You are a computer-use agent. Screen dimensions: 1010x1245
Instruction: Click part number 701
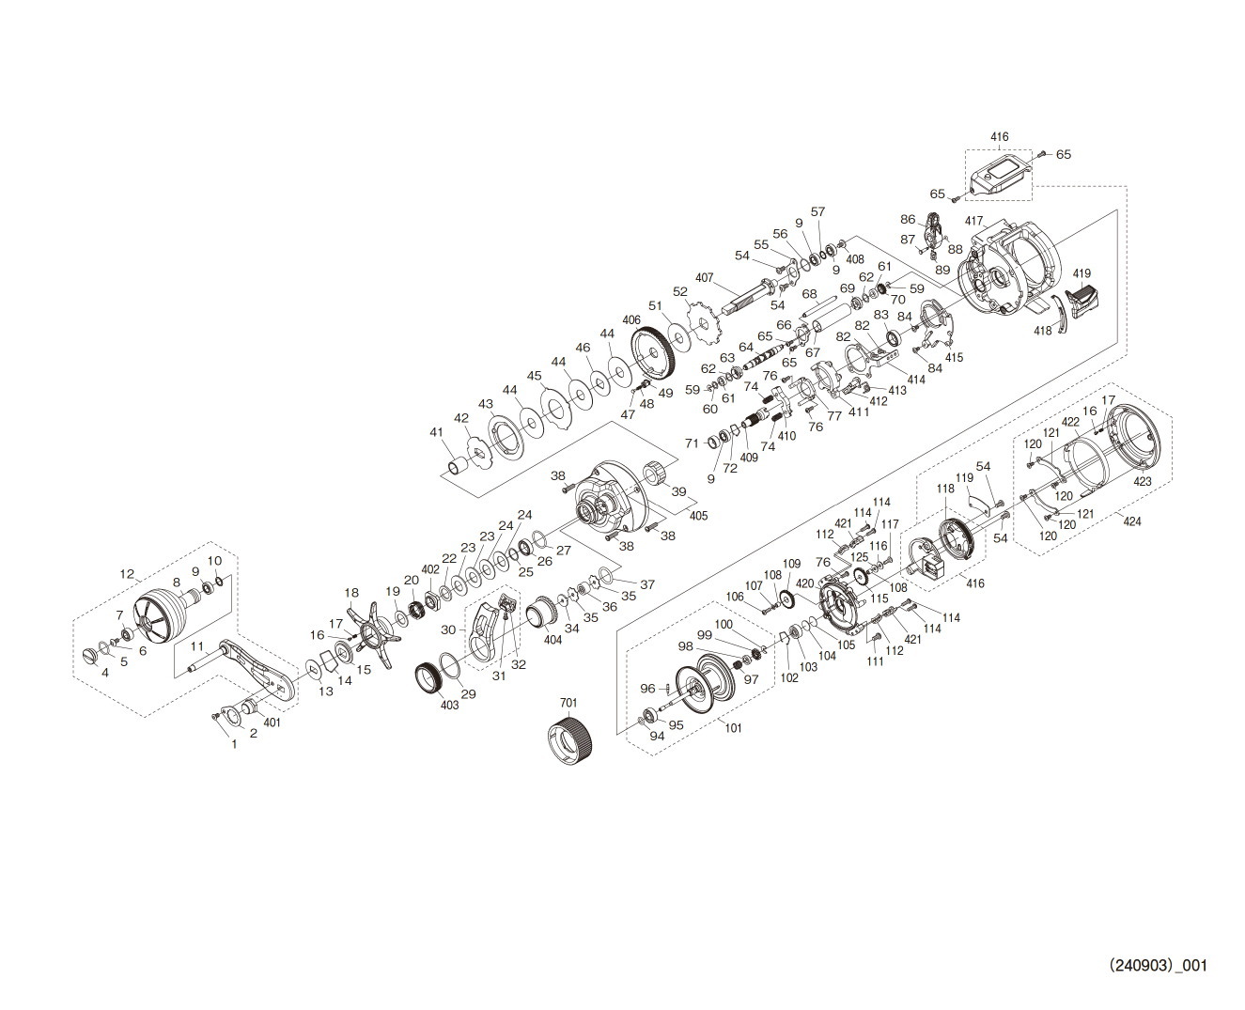coord(569,703)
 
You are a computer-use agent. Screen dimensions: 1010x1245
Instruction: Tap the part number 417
coord(973,222)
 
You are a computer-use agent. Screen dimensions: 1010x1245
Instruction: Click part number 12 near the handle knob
coord(128,573)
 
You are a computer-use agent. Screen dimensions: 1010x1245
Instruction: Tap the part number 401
coord(272,723)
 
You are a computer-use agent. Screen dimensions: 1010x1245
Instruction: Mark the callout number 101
coord(733,728)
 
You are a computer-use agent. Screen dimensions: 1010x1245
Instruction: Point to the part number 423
coord(1143,482)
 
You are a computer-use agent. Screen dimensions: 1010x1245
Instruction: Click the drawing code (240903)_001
coord(1158,966)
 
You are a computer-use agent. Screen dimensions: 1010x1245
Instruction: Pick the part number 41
coord(435,431)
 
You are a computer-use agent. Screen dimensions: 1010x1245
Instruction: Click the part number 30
coord(448,629)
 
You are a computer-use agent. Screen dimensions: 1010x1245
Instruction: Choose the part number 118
coord(945,489)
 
